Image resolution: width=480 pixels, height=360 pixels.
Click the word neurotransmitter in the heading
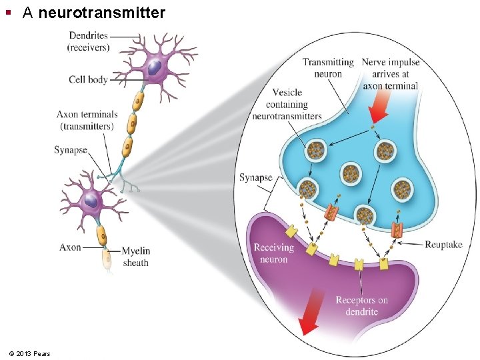pos(101,12)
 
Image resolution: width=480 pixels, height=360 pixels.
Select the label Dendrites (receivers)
pos(89,41)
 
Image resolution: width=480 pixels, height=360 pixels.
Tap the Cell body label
pos(88,80)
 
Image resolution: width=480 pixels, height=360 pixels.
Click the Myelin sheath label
pos(136,257)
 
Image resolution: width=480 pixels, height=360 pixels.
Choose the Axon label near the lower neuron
pos(70,247)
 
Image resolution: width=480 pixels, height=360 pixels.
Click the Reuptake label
pos(443,245)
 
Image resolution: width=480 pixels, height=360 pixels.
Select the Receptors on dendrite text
pos(361,306)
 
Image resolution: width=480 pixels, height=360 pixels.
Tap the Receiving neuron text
pos(273,253)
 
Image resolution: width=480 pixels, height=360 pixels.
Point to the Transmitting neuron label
pos(328,68)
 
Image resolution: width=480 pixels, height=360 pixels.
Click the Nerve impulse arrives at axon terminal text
pos(390,73)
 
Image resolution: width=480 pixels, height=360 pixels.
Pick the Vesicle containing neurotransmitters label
pos(287,104)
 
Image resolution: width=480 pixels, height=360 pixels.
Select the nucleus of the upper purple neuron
pos(154,67)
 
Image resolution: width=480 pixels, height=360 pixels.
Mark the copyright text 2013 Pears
pos(30,353)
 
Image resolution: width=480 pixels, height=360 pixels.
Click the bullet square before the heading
pos(9,13)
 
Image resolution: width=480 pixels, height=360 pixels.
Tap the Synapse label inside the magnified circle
pos(256,177)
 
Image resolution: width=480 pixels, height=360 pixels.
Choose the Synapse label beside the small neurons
pos(71,150)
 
